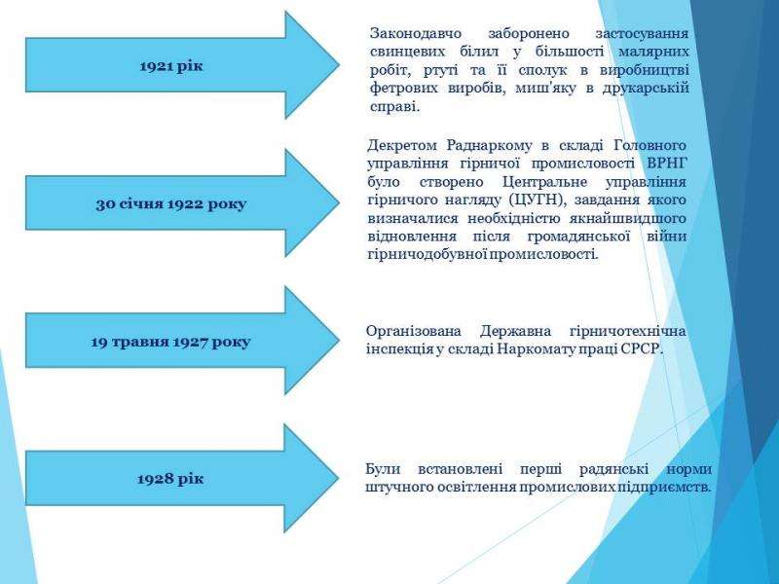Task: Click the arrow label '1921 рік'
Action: tap(171, 66)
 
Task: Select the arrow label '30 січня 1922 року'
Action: tap(171, 204)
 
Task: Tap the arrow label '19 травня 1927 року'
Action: tap(170, 342)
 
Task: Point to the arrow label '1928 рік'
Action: tap(170, 479)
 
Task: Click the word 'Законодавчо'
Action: tap(416, 34)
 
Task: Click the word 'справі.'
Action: tap(395, 107)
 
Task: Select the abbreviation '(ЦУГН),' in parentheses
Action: tap(538, 201)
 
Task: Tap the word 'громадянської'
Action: tap(578, 237)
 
